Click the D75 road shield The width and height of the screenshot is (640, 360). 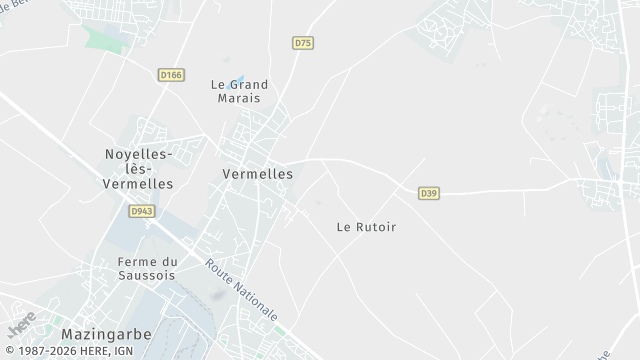pos(303,43)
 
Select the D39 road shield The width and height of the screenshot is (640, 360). pos(429,192)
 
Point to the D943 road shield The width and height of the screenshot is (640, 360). pos(140,211)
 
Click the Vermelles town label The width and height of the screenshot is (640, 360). pos(257,174)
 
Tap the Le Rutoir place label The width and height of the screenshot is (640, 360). pos(366,227)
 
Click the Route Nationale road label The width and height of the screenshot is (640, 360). pos(242,290)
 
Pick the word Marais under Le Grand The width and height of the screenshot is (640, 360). pos(236,99)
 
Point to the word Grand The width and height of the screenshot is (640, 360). pos(249,85)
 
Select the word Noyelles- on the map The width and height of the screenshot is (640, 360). pos(139,154)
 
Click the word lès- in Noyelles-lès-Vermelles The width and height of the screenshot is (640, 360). pos(139,169)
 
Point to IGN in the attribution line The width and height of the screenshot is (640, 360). pos(123,352)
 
